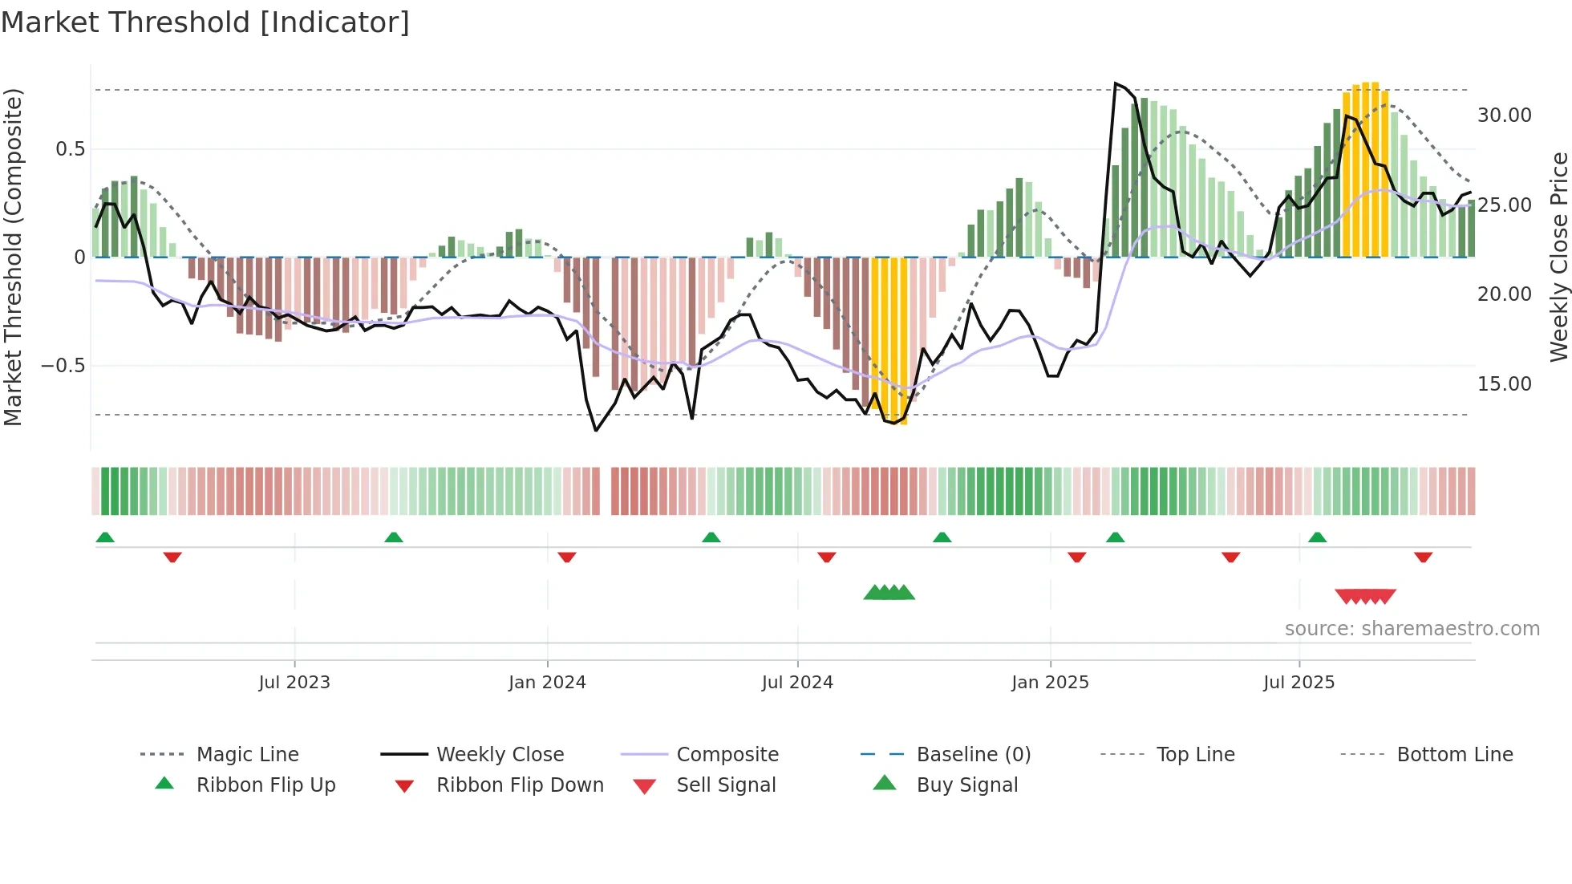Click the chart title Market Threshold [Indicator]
click(205, 22)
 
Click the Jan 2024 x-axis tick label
click(547, 683)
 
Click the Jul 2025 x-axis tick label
click(1299, 683)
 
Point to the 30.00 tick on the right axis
click(1504, 116)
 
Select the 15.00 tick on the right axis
click(1504, 384)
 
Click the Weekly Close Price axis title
click(1558, 257)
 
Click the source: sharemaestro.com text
click(1412, 629)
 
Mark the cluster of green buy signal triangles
click(889, 593)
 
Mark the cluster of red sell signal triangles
click(1365, 597)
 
